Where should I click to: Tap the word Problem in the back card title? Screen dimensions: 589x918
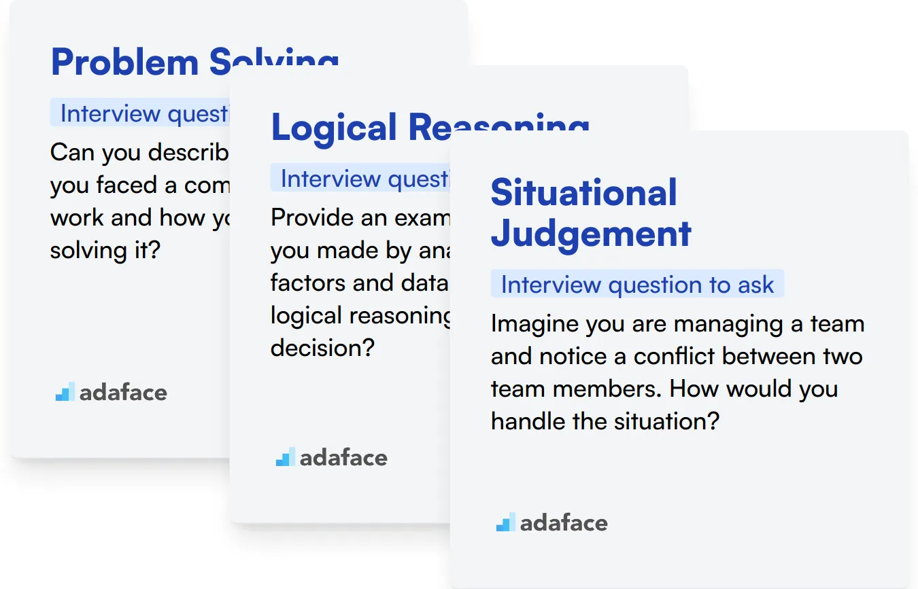[124, 63]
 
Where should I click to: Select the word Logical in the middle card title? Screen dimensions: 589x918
[334, 128]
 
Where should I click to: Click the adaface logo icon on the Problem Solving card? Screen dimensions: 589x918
[65, 392]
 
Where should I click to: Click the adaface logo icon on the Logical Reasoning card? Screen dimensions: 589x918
[285, 457]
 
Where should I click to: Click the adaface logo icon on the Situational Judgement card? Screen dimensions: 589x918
[505, 522]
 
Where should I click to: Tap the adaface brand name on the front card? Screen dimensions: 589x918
[564, 523]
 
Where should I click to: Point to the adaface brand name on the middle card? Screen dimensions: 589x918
[343, 458]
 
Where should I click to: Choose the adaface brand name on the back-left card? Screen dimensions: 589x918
[123, 393]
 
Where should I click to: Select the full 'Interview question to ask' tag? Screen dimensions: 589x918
[637, 285]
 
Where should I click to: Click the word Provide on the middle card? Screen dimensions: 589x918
[310, 218]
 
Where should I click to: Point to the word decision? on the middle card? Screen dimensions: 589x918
[322, 348]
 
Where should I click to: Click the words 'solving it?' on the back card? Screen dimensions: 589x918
[105, 251]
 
